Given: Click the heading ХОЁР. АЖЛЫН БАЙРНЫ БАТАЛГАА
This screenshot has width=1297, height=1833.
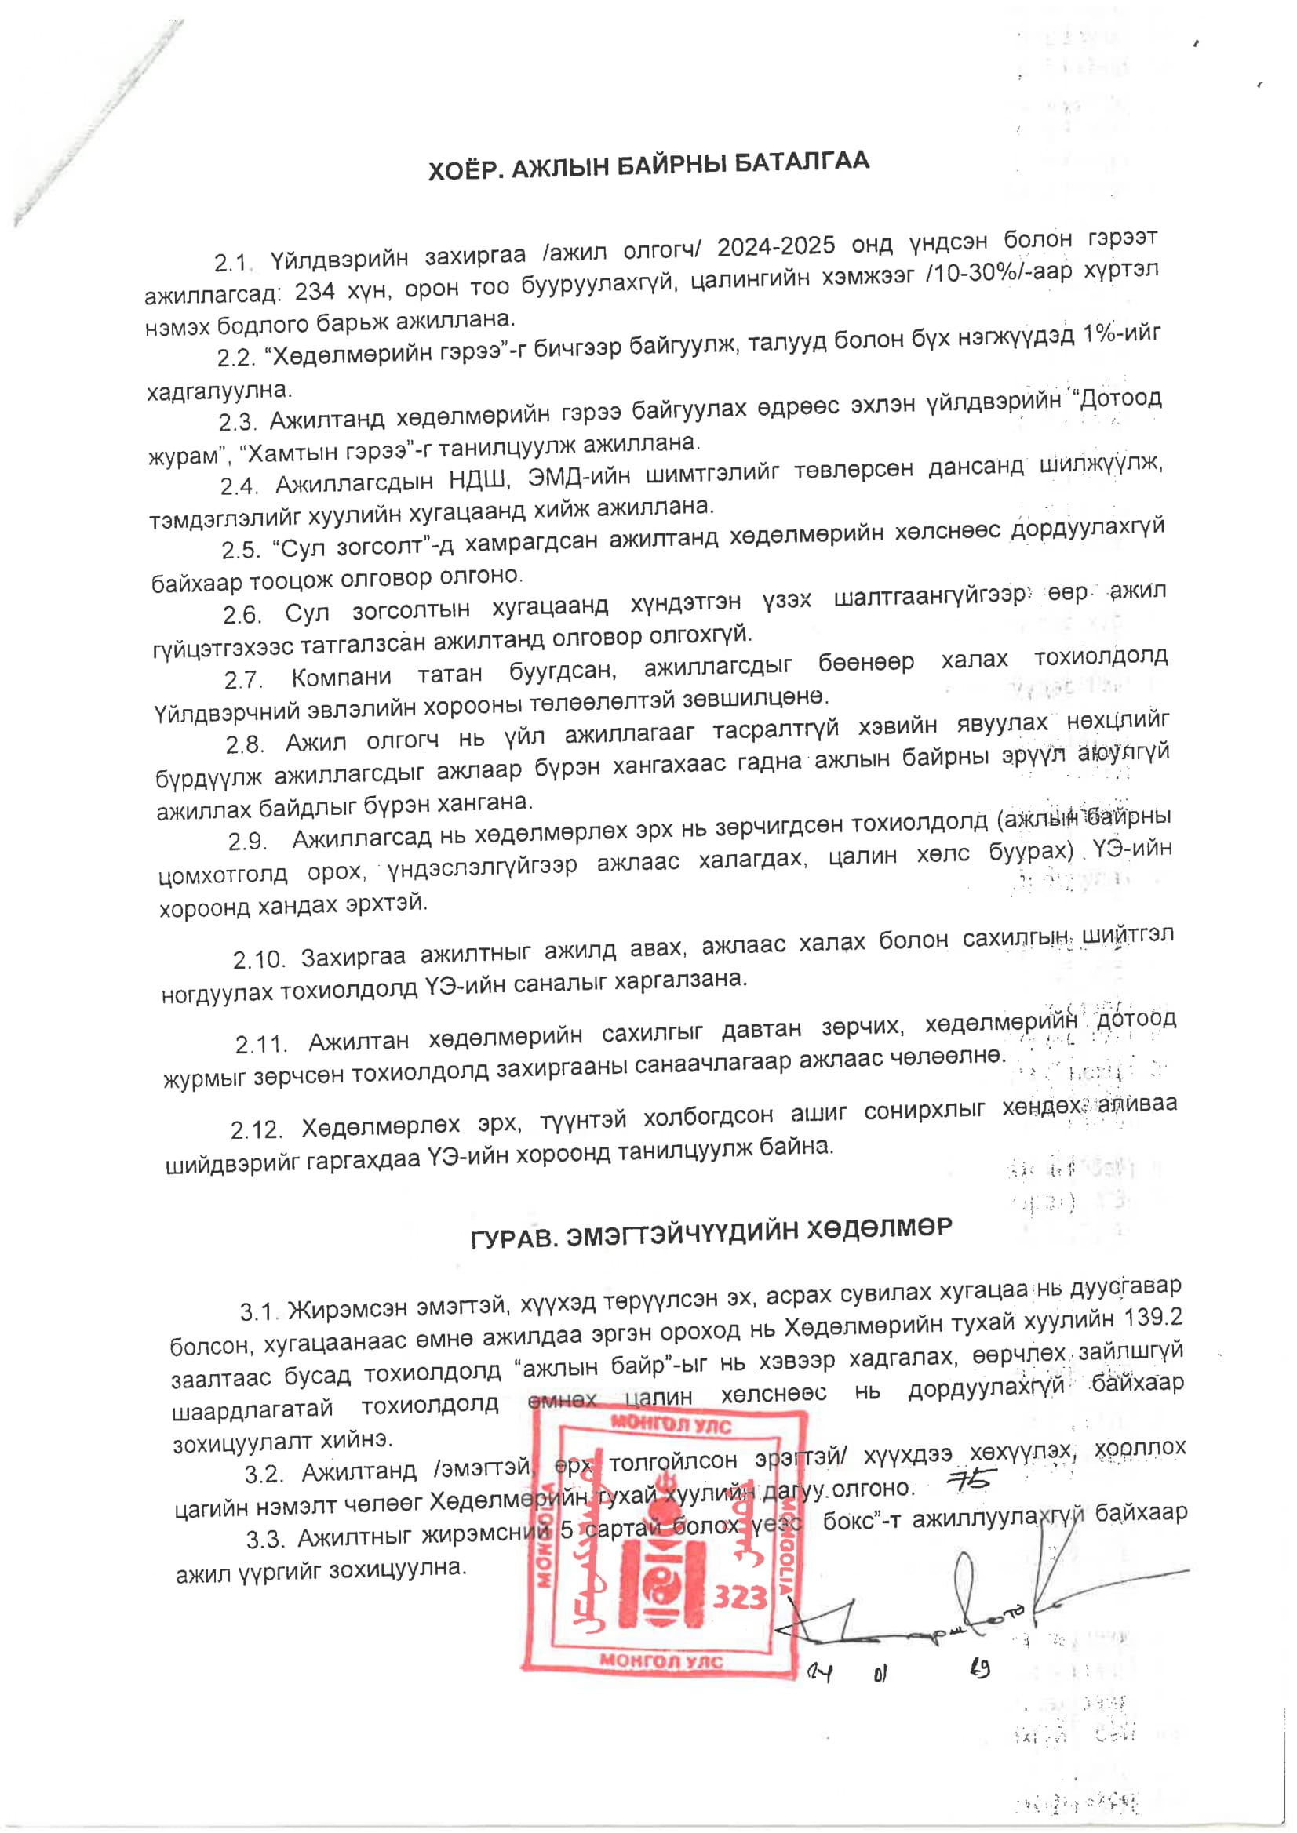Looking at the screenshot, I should click(x=647, y=166).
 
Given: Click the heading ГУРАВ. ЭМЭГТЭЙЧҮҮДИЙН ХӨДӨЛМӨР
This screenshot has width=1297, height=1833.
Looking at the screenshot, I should click(x=711, y=1232).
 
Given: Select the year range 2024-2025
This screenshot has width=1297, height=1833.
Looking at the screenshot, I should click(x=775, y=247).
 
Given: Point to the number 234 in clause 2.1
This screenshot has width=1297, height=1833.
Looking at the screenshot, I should click(x=315, y=292).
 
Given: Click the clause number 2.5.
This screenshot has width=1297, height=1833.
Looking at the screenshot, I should click(x=241, y=550).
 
